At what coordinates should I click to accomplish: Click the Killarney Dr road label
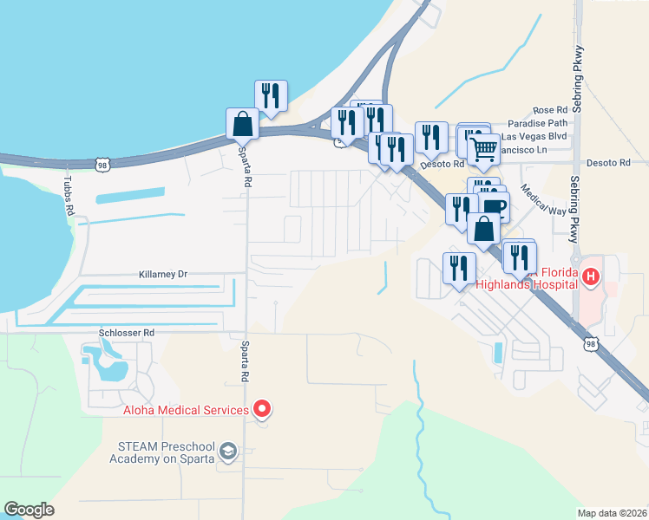(163, 274)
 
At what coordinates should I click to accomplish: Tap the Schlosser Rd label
(126, 332)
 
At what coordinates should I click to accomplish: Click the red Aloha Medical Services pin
(261, 409)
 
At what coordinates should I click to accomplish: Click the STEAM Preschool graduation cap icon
(227, 452)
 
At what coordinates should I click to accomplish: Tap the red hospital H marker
(591, 277)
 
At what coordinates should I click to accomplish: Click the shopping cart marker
(483, 148)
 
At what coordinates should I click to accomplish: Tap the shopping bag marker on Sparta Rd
(242, 124)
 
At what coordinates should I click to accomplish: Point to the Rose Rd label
(550, 110)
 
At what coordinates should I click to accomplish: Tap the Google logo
(29, 510)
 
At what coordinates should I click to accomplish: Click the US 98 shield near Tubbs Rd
(102, 164)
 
